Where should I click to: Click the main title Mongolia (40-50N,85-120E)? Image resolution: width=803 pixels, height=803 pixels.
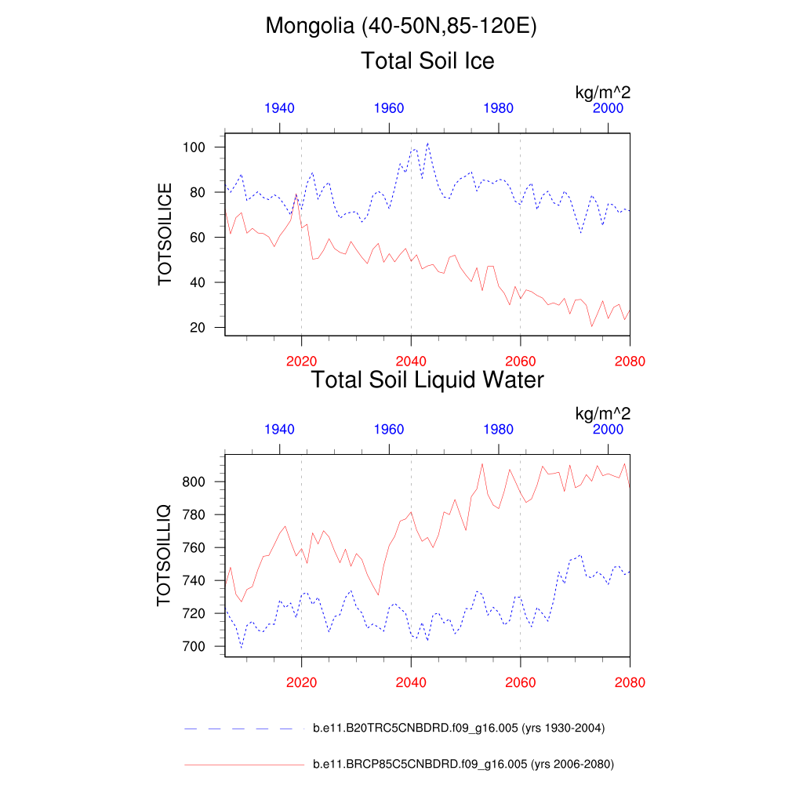click(401, 26)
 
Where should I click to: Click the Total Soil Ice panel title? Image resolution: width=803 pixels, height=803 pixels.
click(427, 60)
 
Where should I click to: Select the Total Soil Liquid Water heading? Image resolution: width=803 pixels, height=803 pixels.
click(427, 380)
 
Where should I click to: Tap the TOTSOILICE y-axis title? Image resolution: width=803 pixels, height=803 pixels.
click(165, 234)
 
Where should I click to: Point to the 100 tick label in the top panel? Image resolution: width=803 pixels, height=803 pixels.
click(195, 147)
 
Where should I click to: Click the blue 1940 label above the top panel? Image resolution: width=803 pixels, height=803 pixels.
click(279, 108)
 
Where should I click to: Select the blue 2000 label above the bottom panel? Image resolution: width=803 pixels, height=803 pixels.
click(608, 430)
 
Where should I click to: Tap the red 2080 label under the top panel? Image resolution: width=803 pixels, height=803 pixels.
click(630, 362)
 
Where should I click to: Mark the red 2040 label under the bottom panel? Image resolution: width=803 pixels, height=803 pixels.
click(411, 682)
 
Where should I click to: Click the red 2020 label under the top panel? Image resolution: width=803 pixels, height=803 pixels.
click(301, 362)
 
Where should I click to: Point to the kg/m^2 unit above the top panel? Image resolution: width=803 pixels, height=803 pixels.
click(602, 93)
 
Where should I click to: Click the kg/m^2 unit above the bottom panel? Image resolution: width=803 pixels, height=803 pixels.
click(602, 413)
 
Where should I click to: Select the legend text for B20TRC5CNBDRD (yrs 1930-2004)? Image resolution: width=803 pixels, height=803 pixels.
click(459, 729)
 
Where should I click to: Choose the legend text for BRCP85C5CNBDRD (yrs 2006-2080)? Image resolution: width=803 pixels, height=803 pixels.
click(463, 764)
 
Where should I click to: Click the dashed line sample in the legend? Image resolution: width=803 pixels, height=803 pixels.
click(243, 729)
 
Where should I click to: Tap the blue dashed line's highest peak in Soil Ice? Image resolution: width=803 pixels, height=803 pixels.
click(427, 144)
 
